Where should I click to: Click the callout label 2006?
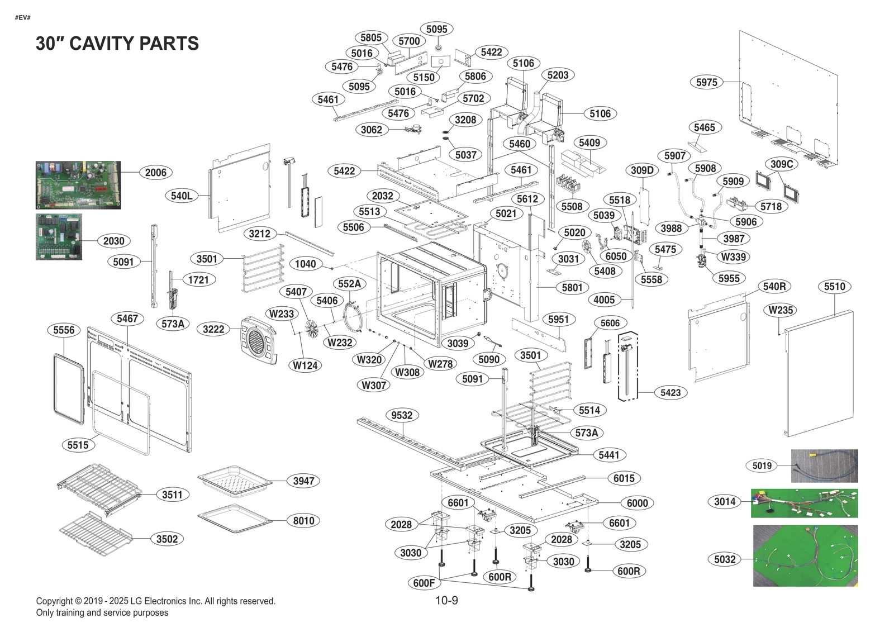tap(155, 173)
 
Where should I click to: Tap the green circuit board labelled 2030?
tap(59, 236)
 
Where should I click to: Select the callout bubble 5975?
tap(706, 82)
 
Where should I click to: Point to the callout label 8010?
tap(303, 521)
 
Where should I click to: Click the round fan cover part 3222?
tap(258, 340)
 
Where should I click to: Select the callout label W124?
tap(305, 365)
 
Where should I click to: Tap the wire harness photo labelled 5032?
tap(805, 555)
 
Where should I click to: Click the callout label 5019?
tap(762, 465)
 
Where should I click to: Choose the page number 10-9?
tap(446, 601)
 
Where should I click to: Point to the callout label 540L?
tap(182, 196)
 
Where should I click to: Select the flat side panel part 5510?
tap(820, 374)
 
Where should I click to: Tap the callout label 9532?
tap(401, 415)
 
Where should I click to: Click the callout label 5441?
tap(608, 455)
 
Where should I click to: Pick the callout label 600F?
tap(424, 583)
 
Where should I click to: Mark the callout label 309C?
tap(781, 164)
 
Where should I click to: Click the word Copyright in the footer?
tap(54, 601)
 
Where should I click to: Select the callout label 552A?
tap(349, 284)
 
